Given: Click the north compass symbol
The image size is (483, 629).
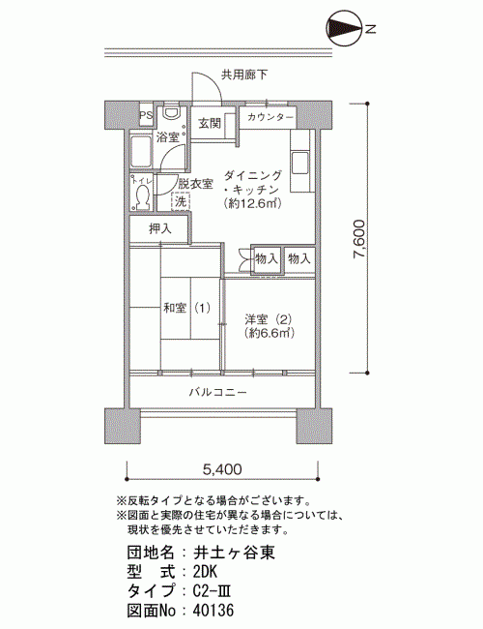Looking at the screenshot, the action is pos(345,28).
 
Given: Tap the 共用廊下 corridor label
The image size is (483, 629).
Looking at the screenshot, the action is pos(243,75).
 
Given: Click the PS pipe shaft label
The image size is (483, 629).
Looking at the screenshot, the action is pos(146,115).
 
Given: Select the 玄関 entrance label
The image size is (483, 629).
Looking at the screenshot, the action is pos(210,123).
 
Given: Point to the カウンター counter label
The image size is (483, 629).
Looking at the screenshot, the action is pos(270,117).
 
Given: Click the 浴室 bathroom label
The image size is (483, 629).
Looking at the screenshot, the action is pos(168,137).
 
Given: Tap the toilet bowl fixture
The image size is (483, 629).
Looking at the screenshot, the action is pos(142,197).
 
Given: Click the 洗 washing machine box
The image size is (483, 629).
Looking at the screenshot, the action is pos(181,201).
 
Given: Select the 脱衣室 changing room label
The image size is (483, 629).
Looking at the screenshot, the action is pos(195,184).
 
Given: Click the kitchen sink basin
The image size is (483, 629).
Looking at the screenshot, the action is pos(300,164).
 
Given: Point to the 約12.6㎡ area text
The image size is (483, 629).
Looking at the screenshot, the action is pos(253,203).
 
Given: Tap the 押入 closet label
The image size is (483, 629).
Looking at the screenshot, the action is pos(160,229).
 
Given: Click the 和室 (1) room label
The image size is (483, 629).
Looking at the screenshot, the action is pos(186,308).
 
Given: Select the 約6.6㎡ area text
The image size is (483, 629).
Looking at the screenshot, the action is pos(270,333).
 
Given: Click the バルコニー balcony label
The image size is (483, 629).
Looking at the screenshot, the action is pos(218,392).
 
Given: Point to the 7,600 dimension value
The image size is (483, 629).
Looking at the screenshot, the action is pos(358,239).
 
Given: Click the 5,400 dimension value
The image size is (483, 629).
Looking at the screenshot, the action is pos(222,469).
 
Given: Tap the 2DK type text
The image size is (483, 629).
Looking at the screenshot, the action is pos(205,572).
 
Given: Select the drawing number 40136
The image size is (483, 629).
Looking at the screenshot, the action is pos(213,611).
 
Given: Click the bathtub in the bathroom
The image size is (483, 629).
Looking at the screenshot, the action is pos(141,152).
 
